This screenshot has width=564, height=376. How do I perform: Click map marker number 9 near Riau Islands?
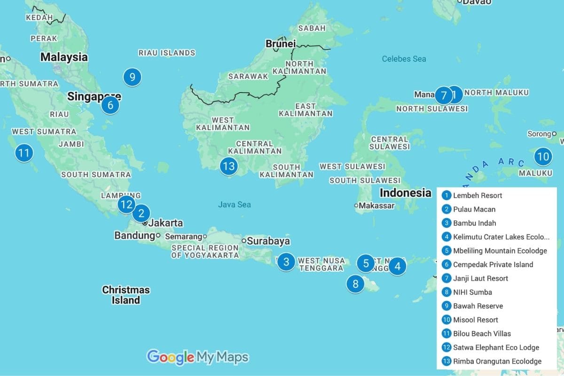[x=132, y=77]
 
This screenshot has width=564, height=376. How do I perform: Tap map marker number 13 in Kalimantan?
[x=228, y=166]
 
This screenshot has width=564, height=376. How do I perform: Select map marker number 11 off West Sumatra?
[x=23, y=153]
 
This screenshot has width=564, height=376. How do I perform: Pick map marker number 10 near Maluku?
[x=543, y=157]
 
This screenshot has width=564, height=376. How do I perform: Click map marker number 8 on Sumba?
[x=355, y=284]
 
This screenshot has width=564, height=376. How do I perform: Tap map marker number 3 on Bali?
[x=286, y=261]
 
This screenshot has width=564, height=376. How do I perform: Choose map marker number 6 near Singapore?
[x=110, y=105]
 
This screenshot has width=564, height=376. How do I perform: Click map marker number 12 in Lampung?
[x=126, y=204]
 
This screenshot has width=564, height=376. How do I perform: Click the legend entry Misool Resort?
[x=475, y=320]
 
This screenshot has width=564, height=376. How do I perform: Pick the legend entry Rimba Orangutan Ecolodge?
[x=497, y=361]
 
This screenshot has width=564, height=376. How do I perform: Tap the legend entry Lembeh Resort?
[x=477, y=196]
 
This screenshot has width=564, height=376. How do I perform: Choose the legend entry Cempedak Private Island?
[x=493, y=265]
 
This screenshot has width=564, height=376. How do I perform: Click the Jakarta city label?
[x=165, y=223]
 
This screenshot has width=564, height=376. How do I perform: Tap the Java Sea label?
[x=234, y=204]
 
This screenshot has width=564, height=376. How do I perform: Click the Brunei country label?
[x=280, y=44]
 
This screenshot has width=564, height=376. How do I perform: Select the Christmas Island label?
[x=126, y=295]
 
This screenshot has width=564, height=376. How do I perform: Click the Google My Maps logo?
[x=197, y=357]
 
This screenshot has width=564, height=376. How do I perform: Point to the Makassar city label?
[x=376, y=205]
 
